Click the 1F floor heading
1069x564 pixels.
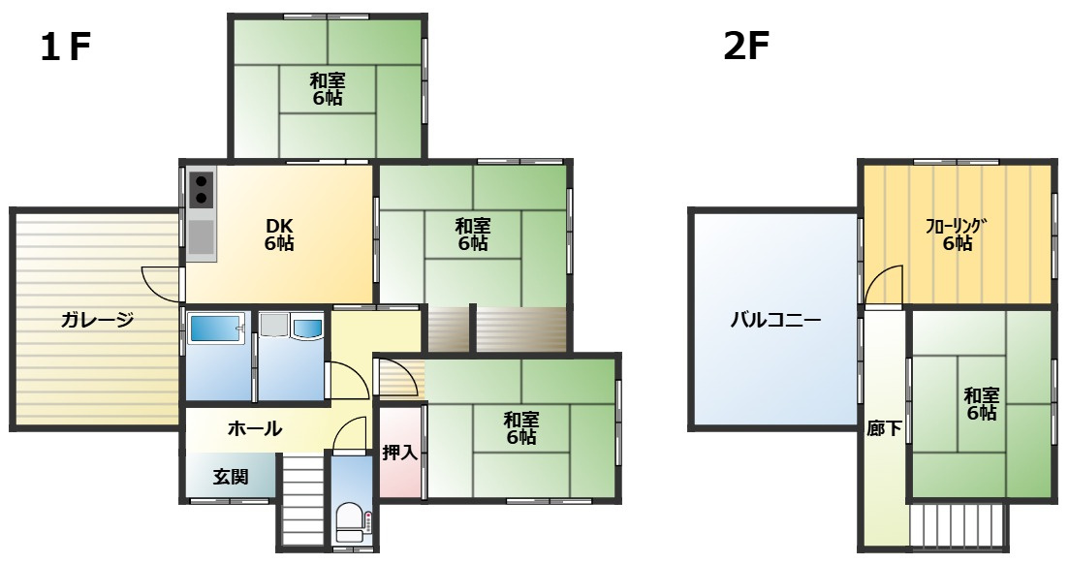66,47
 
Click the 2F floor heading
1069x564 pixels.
746,47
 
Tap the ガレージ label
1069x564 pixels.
97,319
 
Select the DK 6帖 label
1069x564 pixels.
279,235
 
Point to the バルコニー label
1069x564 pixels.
775,320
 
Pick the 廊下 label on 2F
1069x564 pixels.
884,428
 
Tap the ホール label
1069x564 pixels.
254,429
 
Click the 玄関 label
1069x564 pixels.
231,477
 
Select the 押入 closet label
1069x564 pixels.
399,452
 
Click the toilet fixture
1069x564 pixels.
352,522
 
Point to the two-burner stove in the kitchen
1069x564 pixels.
202,190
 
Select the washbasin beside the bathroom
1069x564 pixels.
306,327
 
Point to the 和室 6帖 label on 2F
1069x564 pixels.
981,404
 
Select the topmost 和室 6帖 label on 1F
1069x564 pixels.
328,89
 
